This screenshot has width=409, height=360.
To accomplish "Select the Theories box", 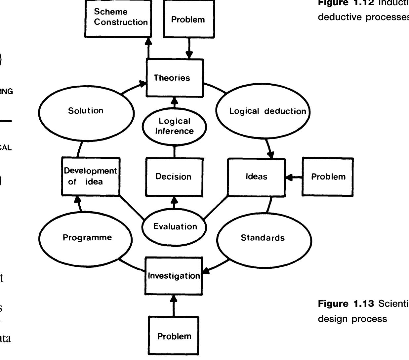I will (175, 78).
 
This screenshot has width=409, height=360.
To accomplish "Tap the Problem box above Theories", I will (188, 19).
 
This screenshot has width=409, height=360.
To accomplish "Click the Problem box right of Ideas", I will (328, 177).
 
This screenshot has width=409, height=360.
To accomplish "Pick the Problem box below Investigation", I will (174, 336).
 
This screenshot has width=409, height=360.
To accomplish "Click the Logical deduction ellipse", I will (263, 111).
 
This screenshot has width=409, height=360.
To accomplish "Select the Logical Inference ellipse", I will (174, 126).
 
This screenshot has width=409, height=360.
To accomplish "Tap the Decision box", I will (174, 177).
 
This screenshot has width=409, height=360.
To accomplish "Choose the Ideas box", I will (256, 177).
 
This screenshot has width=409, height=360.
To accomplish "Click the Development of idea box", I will (91, 176).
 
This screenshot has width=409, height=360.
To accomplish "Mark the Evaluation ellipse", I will (174, 227).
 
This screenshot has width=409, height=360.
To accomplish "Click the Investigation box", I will (174, 276).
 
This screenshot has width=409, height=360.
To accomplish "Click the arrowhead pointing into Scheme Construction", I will (148, 41).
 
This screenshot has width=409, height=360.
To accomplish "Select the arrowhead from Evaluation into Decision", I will (174, 200).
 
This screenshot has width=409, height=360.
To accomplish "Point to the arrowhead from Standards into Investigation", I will (205, 271).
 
